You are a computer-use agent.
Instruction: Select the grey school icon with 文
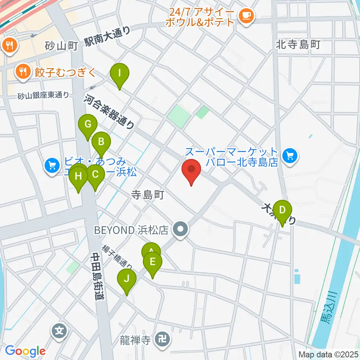(x=60, y=331)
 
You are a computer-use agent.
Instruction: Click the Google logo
(x=25, y=351)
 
